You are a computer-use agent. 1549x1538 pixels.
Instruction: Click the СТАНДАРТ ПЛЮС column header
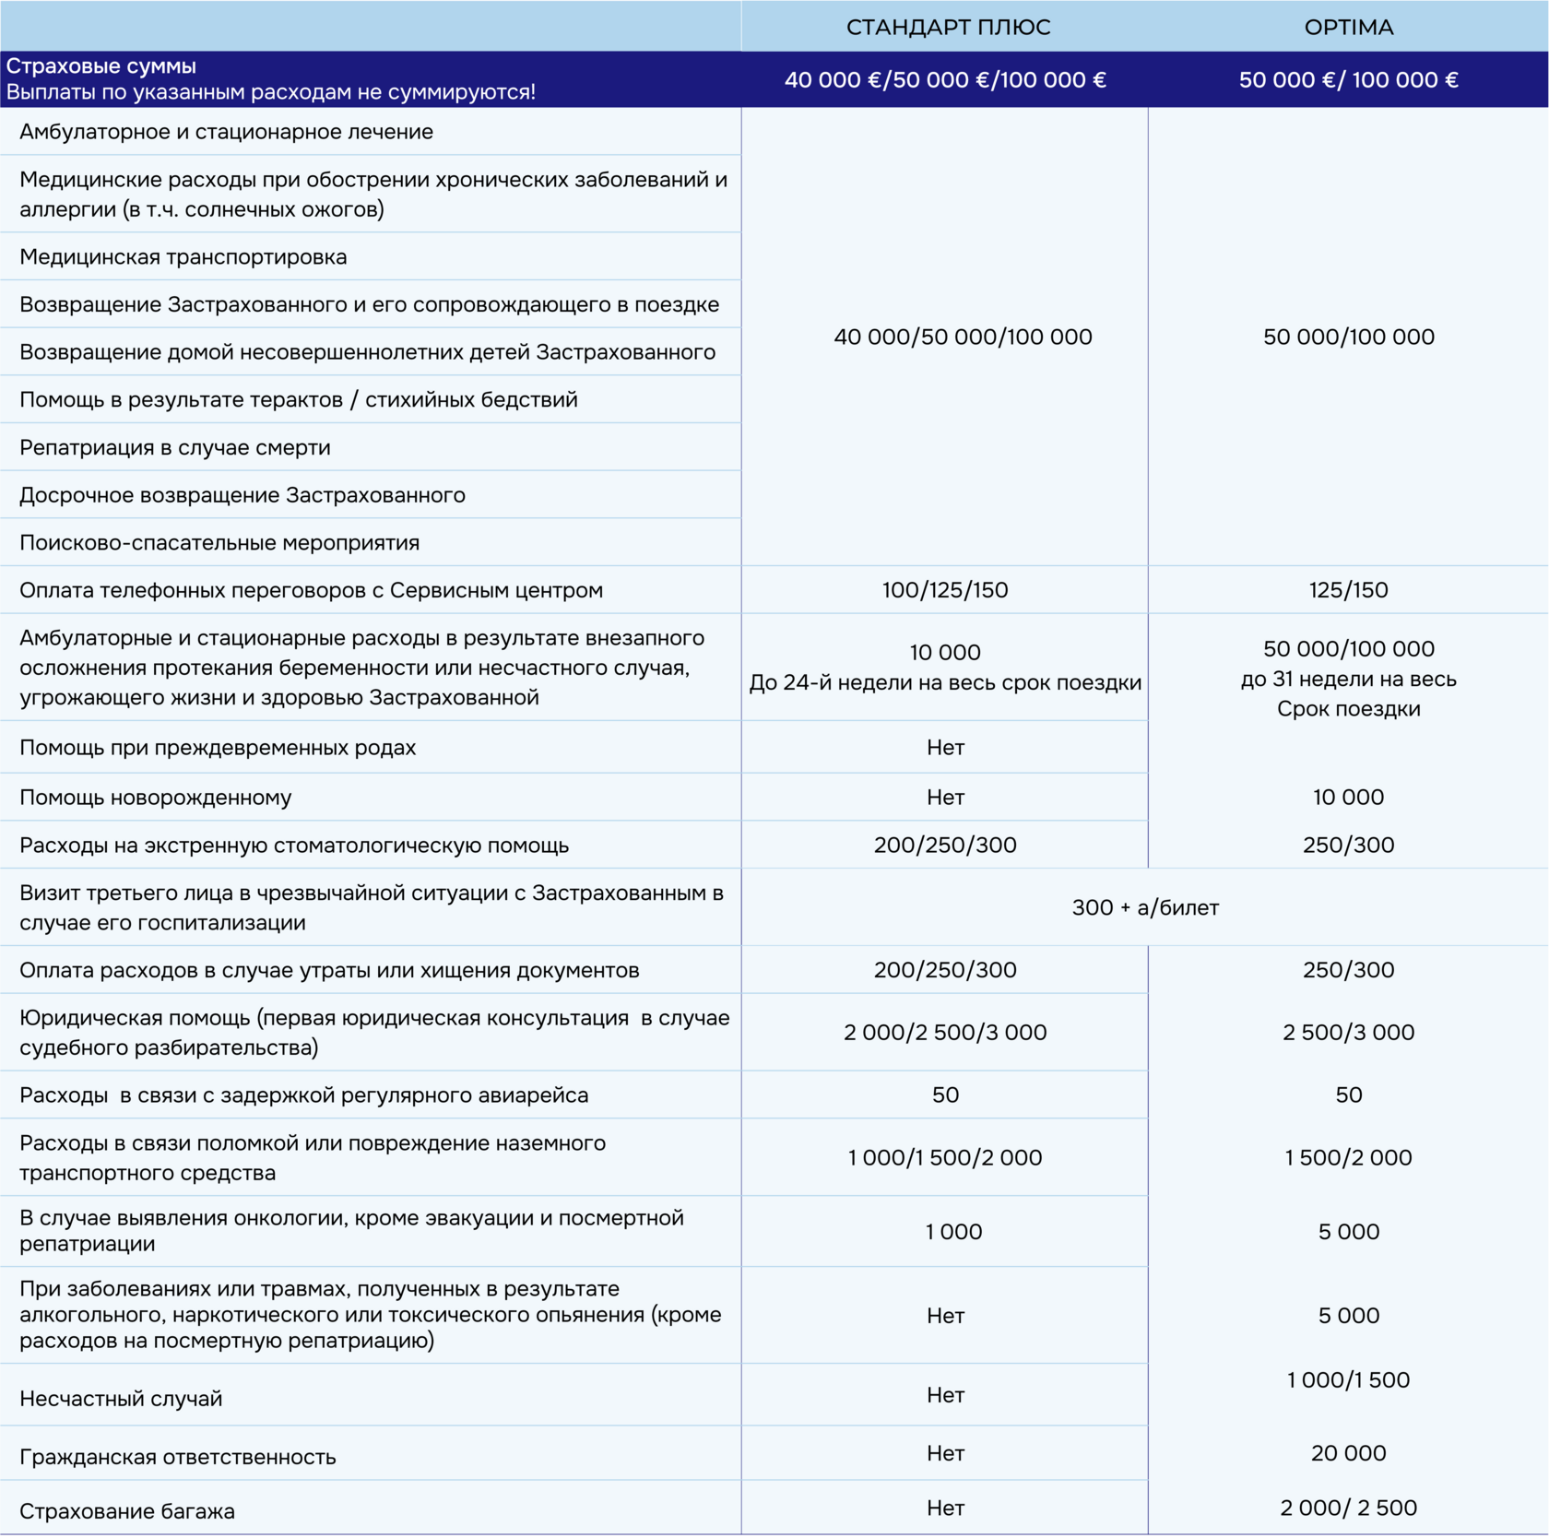coord(948,28)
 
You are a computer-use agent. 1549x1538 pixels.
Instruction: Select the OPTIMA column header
coord(1348,28)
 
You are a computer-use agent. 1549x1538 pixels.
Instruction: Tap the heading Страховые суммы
coord(101,66)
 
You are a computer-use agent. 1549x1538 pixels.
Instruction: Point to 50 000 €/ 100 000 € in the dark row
coord(1348,80)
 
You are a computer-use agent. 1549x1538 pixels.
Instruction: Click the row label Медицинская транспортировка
coord(183,257)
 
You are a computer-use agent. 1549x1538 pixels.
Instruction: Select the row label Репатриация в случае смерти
coord(175,448)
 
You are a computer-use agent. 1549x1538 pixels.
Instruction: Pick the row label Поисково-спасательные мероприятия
coord(219,543)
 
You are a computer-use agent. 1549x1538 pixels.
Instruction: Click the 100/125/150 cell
coord(945,590)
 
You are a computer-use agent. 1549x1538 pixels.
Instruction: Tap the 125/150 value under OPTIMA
coord(1348,590)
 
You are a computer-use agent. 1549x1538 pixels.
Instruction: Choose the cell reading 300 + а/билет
coord(1145,908)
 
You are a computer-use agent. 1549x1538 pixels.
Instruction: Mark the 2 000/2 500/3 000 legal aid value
coord(945,1033)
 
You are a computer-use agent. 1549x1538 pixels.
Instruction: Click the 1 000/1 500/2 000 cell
coord(945,1158)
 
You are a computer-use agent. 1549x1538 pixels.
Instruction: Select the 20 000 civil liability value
coord(1348,1453)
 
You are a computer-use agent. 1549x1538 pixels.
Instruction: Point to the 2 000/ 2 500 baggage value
coord(1348,1508)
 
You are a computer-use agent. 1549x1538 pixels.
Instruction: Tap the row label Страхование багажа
coord(127,1511)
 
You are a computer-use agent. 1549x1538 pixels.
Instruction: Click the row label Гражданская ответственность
coord(178,1457)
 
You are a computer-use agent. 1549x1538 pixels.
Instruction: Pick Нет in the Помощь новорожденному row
coord(945,798)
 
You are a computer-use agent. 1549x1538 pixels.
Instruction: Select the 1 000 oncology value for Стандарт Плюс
coord(953,1232)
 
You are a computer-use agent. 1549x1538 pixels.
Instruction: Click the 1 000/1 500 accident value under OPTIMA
coord(1348,1380)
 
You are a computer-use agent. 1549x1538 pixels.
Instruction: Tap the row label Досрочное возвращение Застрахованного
coord(242,495)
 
